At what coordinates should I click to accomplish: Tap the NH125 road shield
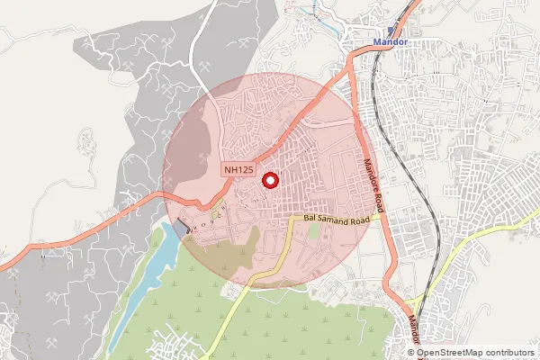239,169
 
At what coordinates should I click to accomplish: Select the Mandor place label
391,42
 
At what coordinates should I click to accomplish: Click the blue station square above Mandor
391,30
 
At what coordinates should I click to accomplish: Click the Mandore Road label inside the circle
374,184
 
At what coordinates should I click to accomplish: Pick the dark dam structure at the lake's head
182,229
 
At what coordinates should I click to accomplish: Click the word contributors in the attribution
509,353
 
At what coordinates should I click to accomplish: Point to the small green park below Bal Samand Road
313,231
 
